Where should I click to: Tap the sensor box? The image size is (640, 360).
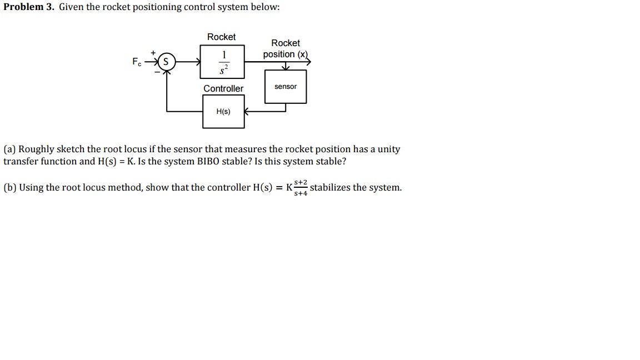286,86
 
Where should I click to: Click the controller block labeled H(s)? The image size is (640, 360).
223,112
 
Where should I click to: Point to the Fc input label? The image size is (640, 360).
136,62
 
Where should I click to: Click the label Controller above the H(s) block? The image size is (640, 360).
223,89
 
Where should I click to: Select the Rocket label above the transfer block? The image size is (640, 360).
221,37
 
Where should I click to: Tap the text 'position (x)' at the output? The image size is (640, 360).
285,54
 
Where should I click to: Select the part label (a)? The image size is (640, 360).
9,149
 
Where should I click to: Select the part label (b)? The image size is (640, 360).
9,188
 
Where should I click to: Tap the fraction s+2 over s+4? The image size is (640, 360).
301,188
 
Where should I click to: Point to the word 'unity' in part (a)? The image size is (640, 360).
389,149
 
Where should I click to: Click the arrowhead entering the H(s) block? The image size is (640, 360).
247,112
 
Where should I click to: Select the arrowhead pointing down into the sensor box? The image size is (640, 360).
286,68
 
